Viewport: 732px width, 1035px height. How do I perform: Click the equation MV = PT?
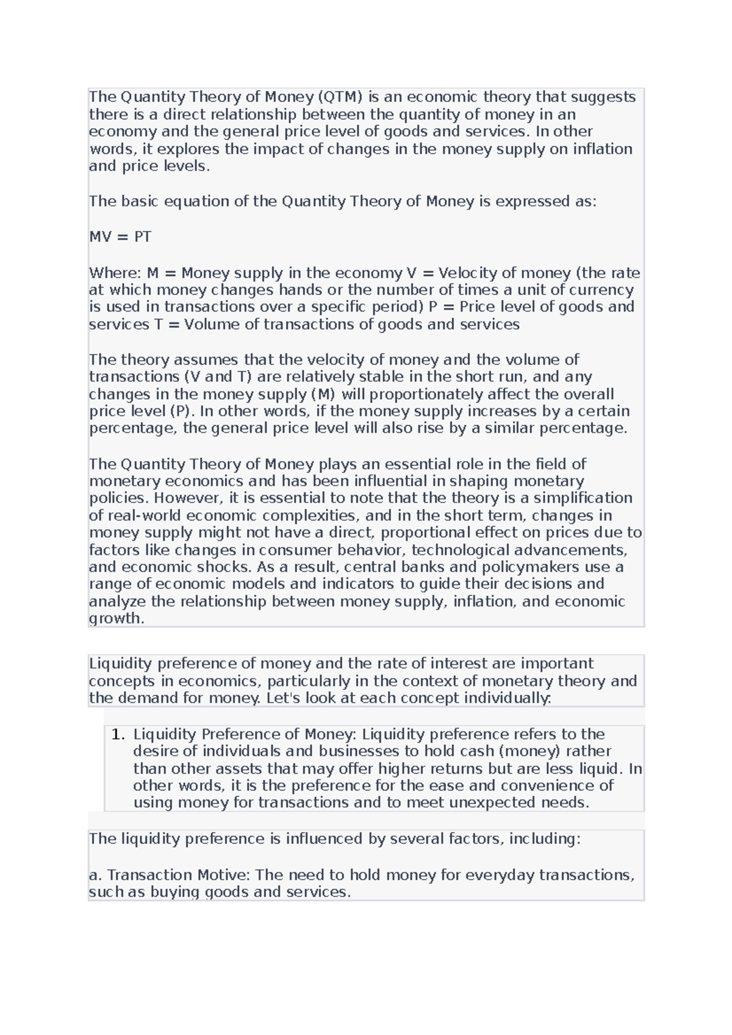tap(120, 237)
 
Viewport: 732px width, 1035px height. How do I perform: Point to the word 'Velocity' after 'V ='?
tap(466, 272)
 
